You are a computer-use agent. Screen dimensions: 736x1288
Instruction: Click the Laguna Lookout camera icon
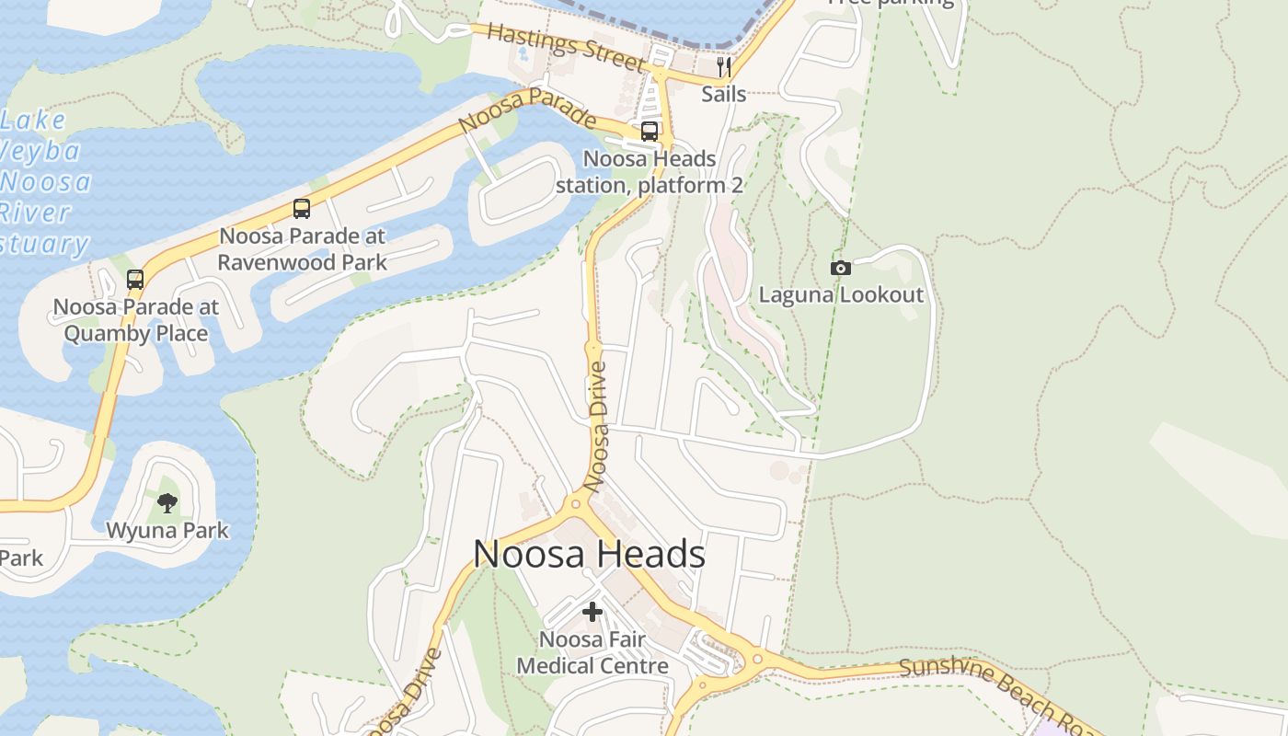tap(840, 268)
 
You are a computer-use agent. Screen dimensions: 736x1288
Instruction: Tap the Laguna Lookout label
tap(840, 294)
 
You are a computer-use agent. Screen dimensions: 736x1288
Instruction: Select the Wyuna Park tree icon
tap(167, 502)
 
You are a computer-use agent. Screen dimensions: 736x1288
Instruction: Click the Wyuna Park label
tap(167, 531)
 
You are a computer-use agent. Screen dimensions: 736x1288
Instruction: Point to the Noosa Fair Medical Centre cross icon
tap(592, 611)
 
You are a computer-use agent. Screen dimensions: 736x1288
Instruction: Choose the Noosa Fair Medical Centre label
tap(592, 652)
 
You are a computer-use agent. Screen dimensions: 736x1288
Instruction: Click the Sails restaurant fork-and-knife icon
tap(724, 66)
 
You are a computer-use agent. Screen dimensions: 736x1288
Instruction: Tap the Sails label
tap(723, 94)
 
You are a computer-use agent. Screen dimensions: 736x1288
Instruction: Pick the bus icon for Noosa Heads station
tap(650, 132)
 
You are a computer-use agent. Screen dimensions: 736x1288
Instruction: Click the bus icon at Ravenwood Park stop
tap(302, 209)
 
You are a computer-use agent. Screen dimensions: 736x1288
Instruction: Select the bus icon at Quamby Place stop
tap(135, 280)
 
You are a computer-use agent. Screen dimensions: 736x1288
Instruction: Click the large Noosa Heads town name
tap(589, 554)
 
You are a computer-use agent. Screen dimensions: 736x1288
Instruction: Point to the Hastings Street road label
tap(565, 47)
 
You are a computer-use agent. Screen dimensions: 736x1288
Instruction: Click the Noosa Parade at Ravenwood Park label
tap(302, 248)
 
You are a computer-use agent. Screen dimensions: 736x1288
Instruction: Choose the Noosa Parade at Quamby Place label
tap(135, 319)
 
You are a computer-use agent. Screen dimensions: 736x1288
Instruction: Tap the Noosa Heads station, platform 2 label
tap(650, 172)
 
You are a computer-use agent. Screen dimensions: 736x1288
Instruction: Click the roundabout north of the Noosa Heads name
tap(578, 502)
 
